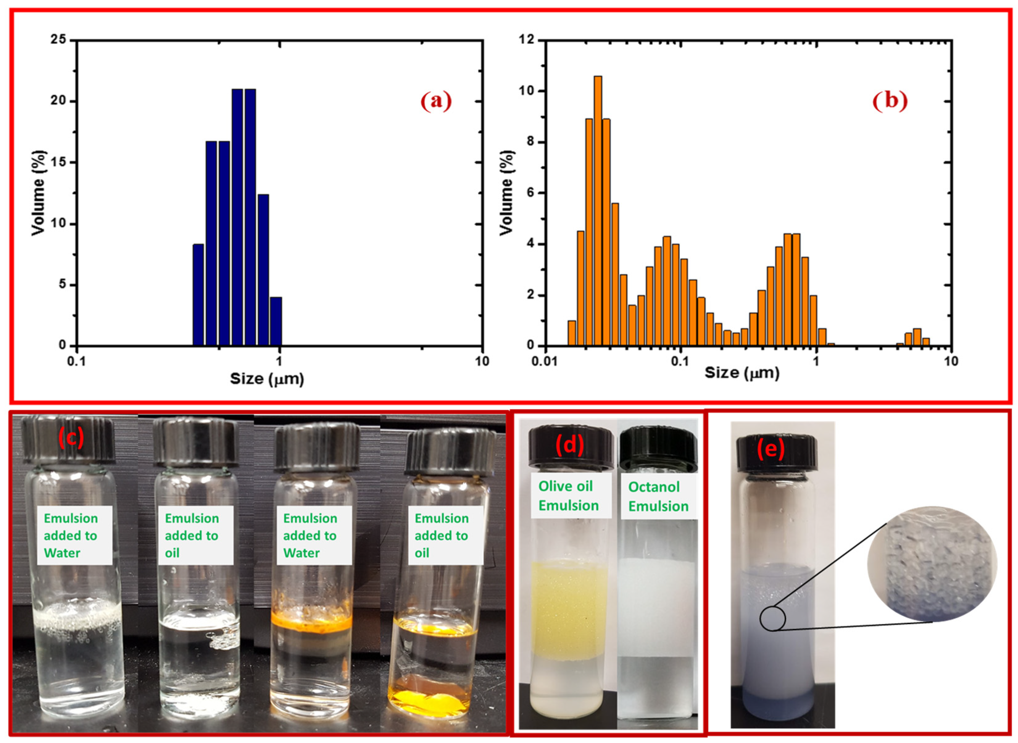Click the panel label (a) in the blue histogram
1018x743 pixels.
(435, 101)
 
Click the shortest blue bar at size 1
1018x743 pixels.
(276, 321)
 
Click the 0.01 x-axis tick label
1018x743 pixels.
(545, 361)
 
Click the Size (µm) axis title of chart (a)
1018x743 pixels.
(267, 379)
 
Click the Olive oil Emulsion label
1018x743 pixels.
(569, 495)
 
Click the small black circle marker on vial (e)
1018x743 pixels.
(772, 619)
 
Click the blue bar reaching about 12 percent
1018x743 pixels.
(263, 270)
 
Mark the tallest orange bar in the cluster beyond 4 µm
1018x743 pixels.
(917, 337)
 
